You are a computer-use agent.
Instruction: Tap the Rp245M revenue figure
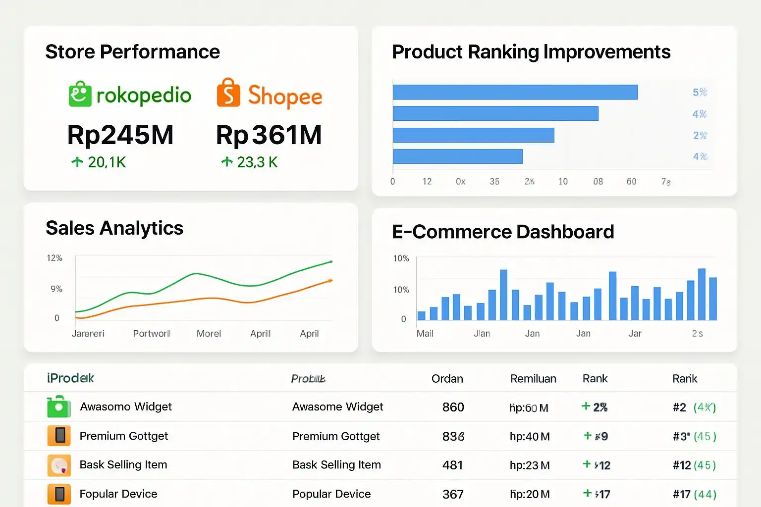tap(120, 135)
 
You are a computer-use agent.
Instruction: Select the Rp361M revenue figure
tap(269, 135)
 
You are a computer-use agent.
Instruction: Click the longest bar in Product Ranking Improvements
tap(515, 92)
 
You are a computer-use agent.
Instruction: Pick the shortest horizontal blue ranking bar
tap(457, 156)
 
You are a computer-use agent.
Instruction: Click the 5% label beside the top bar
tap(700, 92)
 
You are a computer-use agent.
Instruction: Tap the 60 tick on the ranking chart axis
tap(631, 181)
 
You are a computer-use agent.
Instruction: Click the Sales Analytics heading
tap(114, 228)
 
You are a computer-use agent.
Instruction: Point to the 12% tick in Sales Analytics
tap(54, 258)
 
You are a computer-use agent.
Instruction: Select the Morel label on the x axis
tap(209, 333)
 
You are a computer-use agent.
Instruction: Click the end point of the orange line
tap(330, 280)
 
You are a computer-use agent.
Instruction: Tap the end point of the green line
tap(331, 261)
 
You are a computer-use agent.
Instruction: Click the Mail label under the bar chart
tap(425, 333)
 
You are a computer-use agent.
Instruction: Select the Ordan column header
tap(447, 379)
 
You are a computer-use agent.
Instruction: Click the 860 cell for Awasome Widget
tap(453, 407)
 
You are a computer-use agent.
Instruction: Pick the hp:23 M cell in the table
tap(530, 465)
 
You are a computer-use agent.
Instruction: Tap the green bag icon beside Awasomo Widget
tap(58, 406)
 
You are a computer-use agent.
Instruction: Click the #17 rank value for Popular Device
tap(682, 494)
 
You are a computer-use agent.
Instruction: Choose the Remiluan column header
tap(533, 379)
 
